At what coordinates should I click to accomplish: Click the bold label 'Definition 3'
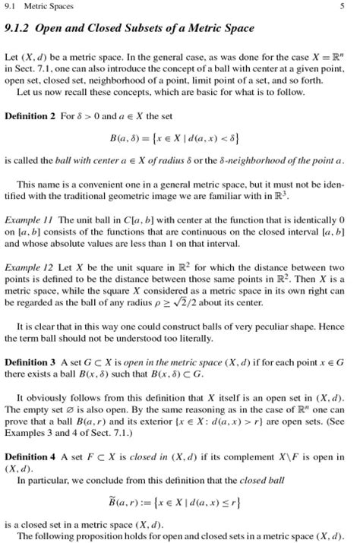30,361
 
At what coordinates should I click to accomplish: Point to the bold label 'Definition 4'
30,458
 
